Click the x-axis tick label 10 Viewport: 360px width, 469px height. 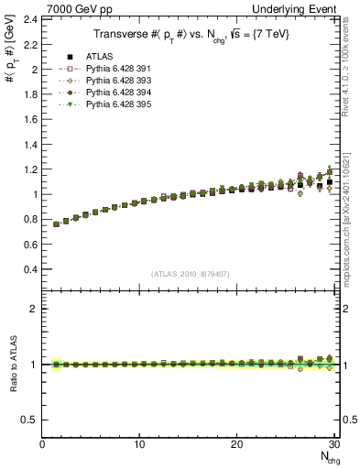coord(139,443)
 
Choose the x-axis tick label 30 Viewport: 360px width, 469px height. coord(333,443)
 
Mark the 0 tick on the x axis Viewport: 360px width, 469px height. coord(42,443)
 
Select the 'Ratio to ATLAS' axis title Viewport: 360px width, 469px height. coord(11,364)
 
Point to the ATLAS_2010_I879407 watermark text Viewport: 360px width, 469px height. coord(191,273)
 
